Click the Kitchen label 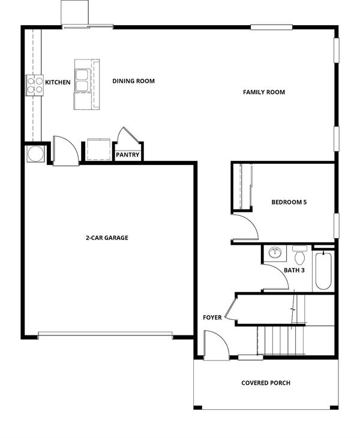click(x=58, y=82)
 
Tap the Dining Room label click(x=133, y=81)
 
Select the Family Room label click(x=264, y=92)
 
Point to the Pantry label click(x=128, y=155)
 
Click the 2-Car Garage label click(x=107, y=238)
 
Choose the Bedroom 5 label click(x=289, y=202)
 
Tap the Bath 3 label click(x=294, y=271)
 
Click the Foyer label click(x=212, y=317)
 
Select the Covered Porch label click(x=266, y=383)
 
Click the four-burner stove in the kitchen click(x=35, y=85)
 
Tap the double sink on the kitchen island click(x=83, y=80)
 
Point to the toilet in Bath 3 click(x=300, y=255)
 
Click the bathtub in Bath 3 click(x=323, y=271)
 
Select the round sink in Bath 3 click(x=275, y=253)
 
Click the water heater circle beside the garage click(x=35, y=154)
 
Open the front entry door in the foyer click(x=217, y=345)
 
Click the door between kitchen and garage click(x=66, y=151)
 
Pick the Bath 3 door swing click(x=276, y=277)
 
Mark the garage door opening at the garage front click(x=105, y=334)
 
